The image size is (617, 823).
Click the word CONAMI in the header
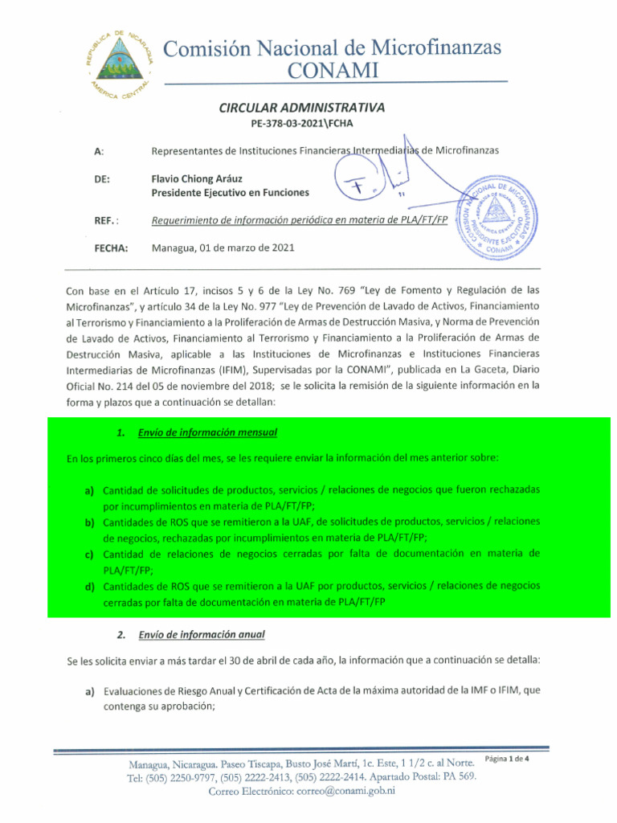333,71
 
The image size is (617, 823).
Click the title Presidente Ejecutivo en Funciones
231,193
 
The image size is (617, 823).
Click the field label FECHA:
111,248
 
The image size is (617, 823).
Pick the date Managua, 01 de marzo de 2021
223,248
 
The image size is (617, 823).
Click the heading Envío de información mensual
207,432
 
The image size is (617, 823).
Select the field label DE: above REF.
102,178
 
